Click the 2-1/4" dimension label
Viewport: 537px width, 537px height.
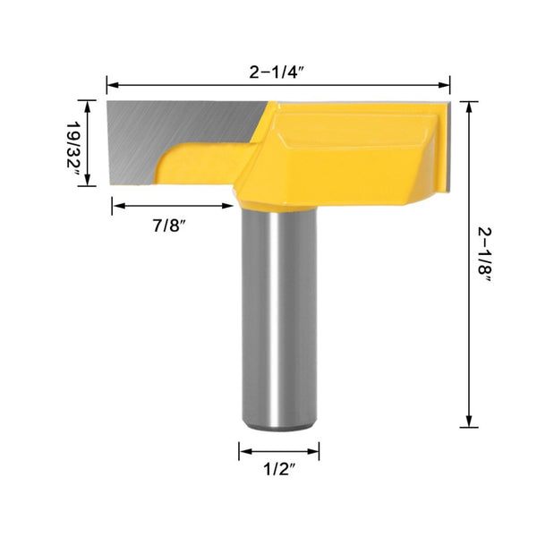(277, 72)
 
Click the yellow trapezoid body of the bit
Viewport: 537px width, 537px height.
(349, 152)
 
